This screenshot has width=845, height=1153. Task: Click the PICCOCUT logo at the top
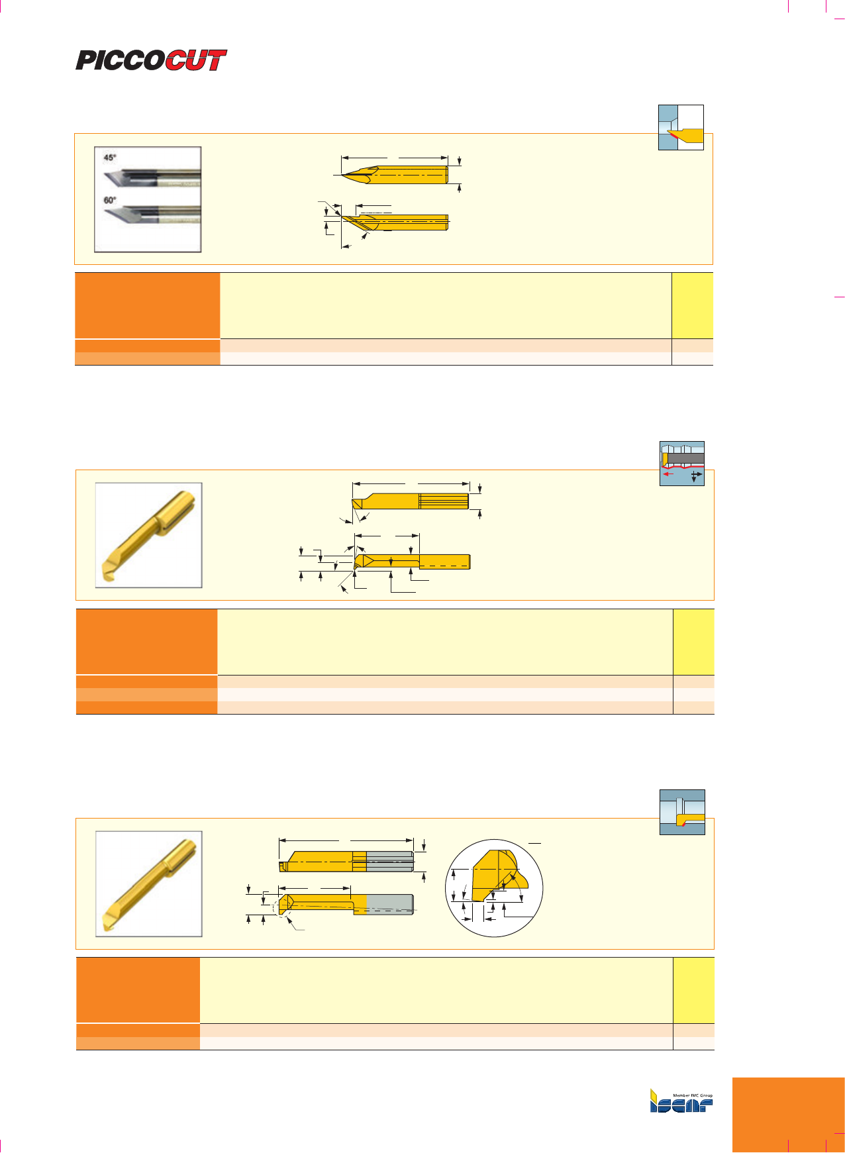click(x=151, y=60)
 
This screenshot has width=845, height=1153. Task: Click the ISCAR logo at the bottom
click(x=681, y=1101)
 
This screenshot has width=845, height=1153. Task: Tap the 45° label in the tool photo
click(x=110, y=158)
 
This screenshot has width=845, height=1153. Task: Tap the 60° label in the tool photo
click(x=110, y=200)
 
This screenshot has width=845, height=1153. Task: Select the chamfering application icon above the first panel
click(x=681, y=127)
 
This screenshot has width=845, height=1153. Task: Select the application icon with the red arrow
click(x=682, y=464)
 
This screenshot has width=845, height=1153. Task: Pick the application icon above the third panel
click(x=682, y=812)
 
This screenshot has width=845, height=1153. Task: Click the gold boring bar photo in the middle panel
click(x=148, y=535)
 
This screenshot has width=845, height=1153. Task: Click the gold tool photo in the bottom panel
click(x=148, y=883)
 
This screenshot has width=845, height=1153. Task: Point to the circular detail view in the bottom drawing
click(x=494, y=888)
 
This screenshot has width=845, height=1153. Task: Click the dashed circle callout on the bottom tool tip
click(x=283, y=907)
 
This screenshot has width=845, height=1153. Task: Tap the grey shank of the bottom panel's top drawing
click(x=390, y=861)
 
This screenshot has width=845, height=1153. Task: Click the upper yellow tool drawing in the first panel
click(x=395, y=174)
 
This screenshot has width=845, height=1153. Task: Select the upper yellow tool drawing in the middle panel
click(x=411, y=501)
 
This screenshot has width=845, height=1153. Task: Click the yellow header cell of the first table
click(x=693, y=305)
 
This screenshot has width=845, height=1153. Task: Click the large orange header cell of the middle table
click(x=147, y=642)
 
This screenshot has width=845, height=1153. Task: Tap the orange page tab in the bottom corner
click(x=789, y=1115)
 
